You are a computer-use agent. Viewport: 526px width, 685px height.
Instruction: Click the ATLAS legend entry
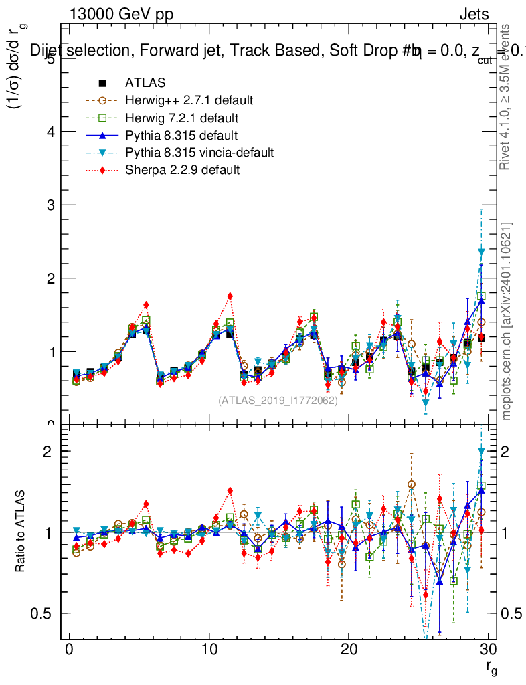[145, 83]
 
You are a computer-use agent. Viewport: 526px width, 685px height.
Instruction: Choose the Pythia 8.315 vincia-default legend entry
[199, 153]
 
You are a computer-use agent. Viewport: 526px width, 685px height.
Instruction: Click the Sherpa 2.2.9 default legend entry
[182, 170]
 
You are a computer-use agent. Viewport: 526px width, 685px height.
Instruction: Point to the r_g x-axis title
[491, 666]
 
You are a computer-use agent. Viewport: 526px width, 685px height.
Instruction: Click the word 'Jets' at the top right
[474, 15]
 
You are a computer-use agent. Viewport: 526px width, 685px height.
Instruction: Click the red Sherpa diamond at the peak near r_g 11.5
[230, 296]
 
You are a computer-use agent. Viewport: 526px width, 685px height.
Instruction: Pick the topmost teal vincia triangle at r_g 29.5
[481, 252]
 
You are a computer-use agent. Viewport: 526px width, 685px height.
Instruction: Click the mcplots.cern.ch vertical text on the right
[507, 321]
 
